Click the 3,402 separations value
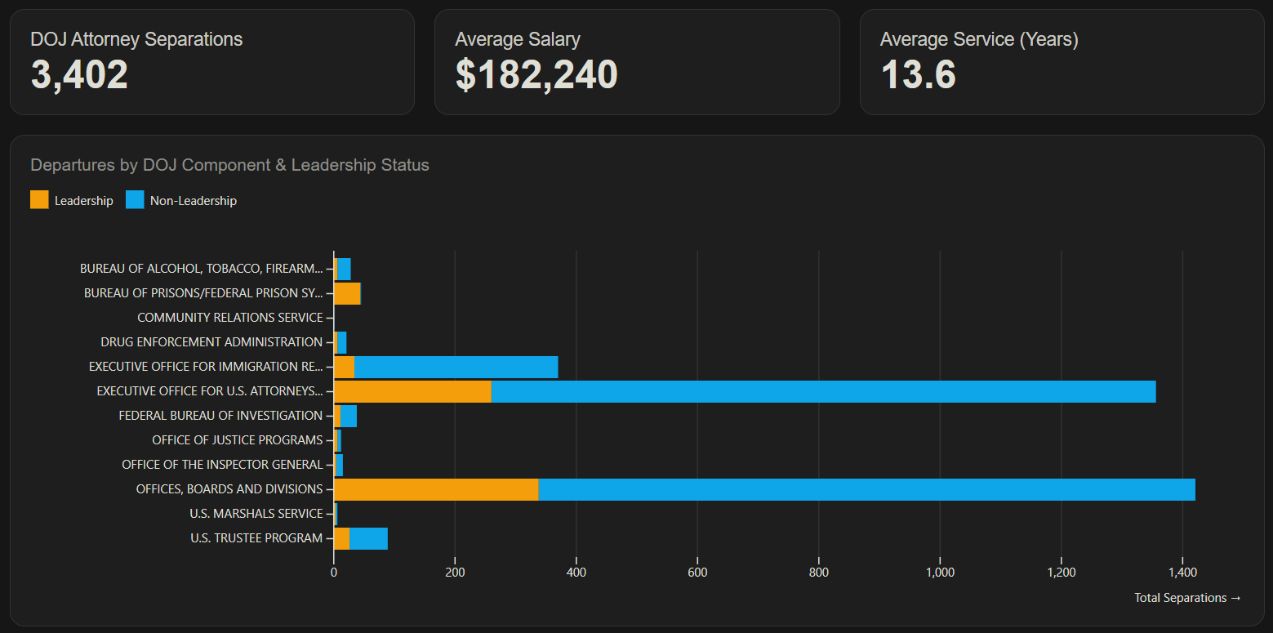point(79,74)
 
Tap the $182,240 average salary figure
point(536,74)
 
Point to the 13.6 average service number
point(918,74)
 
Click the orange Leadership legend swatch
point(39,200)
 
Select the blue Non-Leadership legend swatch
point(135,200)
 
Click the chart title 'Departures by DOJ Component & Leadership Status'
point(229,165)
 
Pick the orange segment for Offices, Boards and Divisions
point(436,489)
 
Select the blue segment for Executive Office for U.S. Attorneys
point(823,391)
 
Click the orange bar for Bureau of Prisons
point(347,294)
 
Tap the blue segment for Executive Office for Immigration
point(456,367)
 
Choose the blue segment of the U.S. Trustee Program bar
point(369,539)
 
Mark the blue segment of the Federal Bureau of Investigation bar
point(349,416)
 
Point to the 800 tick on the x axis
point(818,573)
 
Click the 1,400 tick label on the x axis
point(1182,573)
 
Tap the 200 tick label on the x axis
point(455,573)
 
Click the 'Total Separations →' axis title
point(1187,598)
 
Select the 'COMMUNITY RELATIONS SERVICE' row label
point(230,318)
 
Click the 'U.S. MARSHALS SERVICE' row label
point(256,514)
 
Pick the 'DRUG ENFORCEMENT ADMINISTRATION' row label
point(211,342)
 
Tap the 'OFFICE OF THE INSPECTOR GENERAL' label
point(222,465)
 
